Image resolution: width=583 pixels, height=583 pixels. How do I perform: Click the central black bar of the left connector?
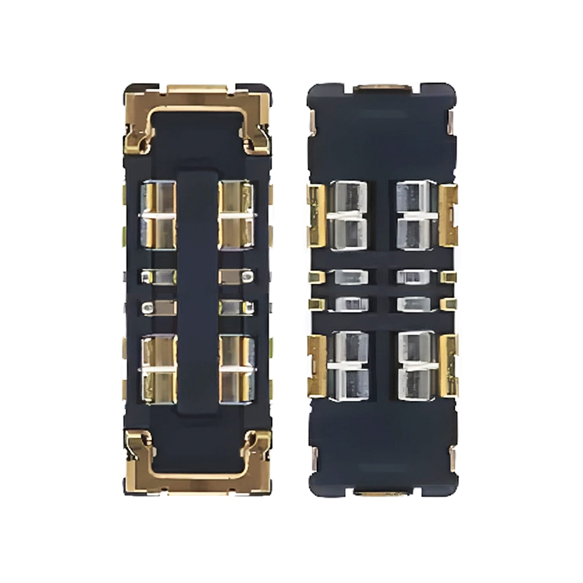click(197, 291)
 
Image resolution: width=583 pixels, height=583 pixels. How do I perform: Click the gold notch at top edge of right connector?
click(383, 87)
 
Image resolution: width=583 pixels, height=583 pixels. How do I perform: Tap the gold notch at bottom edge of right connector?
click(383, 493)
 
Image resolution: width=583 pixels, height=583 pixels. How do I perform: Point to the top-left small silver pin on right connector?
click(351, 277)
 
